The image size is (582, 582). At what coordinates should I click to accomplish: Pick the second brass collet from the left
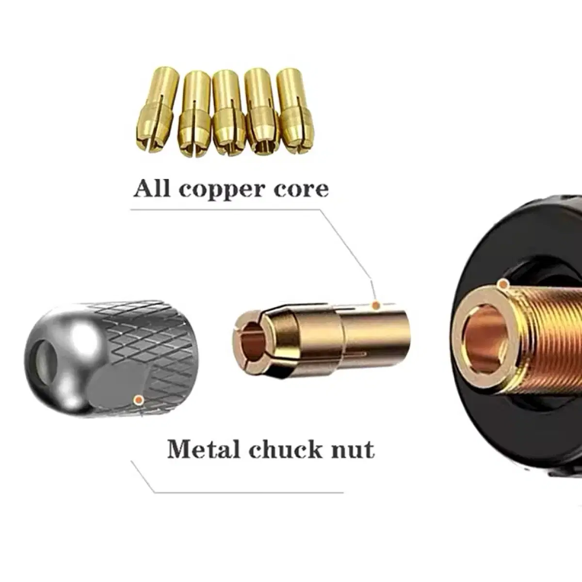tap(194, 113)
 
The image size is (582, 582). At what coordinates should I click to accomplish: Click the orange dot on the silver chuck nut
tap(138, 400)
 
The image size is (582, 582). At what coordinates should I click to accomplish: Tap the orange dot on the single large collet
tap(375, 306)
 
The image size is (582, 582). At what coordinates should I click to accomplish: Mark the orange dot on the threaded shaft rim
tap(503, 284)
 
